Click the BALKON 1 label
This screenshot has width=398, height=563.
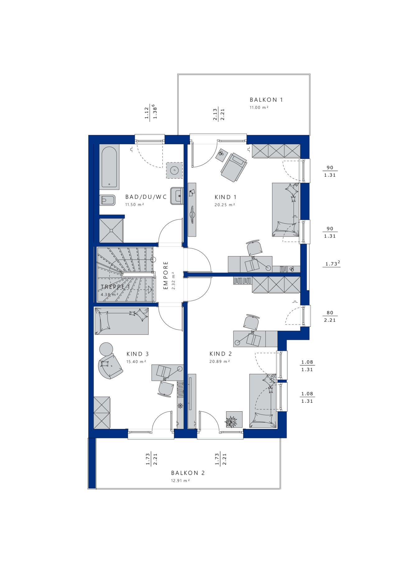266,100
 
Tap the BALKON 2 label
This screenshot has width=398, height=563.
188,473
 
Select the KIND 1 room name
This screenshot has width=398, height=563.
225,197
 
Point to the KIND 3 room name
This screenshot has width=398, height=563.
137,354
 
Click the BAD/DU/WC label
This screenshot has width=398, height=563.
146,197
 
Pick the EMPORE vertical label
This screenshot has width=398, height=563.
165,275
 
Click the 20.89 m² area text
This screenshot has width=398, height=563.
220,362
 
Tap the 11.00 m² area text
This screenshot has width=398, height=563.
259,108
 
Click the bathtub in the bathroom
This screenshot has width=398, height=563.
109,166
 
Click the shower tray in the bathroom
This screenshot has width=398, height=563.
111,230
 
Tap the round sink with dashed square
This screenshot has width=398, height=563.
174,170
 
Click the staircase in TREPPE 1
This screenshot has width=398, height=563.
126,274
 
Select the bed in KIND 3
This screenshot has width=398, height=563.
121,321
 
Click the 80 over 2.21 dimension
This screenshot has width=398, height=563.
330,316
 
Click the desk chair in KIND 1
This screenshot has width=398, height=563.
254,247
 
